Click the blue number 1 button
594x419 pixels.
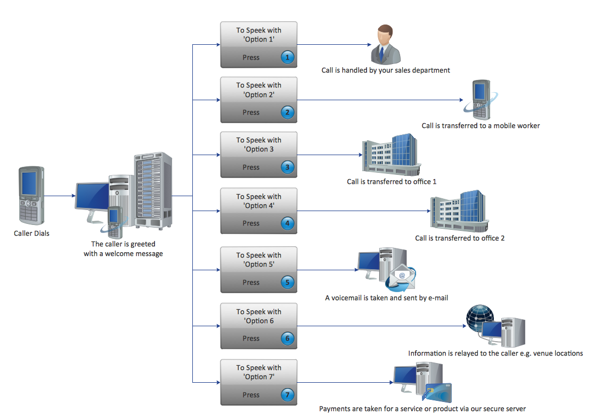click(288, 57)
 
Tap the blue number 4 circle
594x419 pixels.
click(288, 223)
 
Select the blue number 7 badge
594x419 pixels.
click(288, 395)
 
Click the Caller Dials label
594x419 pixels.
click(31, 233)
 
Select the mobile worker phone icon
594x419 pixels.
click(481, 100)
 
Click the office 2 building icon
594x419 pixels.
click(458, 211)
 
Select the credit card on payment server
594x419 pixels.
click(440, 393)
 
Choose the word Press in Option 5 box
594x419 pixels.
click(251, 283)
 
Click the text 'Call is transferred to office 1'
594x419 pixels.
click(392, 182)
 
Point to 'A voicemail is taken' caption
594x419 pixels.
click(386, 298)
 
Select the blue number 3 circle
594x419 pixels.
click(288, 167)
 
